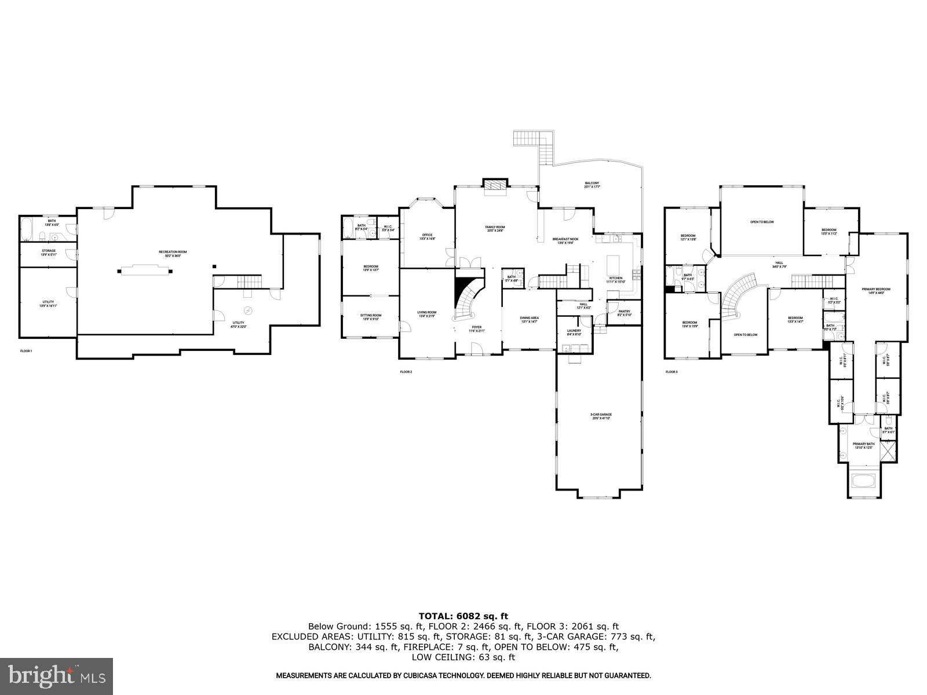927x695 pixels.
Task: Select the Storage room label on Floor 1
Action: coord(48,253)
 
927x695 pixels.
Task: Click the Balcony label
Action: coord(592,185)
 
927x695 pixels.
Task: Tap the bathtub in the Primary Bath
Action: coord(864,481)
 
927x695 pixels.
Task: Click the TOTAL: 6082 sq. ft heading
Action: coord(463,616)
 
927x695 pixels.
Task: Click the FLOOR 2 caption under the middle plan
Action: coord(406,372)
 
